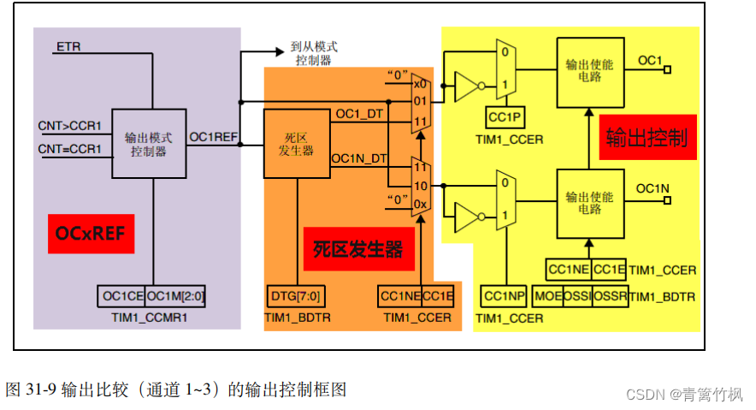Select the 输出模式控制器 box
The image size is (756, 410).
pos(149,143)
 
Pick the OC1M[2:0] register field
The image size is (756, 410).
pos(175,296)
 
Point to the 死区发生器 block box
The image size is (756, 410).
pos(296,144)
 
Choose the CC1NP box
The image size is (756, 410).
pos(503,296)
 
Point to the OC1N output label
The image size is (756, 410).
pos(653,187)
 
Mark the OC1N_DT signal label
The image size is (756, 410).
pos(359,158)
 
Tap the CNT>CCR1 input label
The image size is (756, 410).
pos(69,126)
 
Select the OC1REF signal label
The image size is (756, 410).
pos(213,135)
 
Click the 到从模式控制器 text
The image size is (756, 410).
pos(313,55)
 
